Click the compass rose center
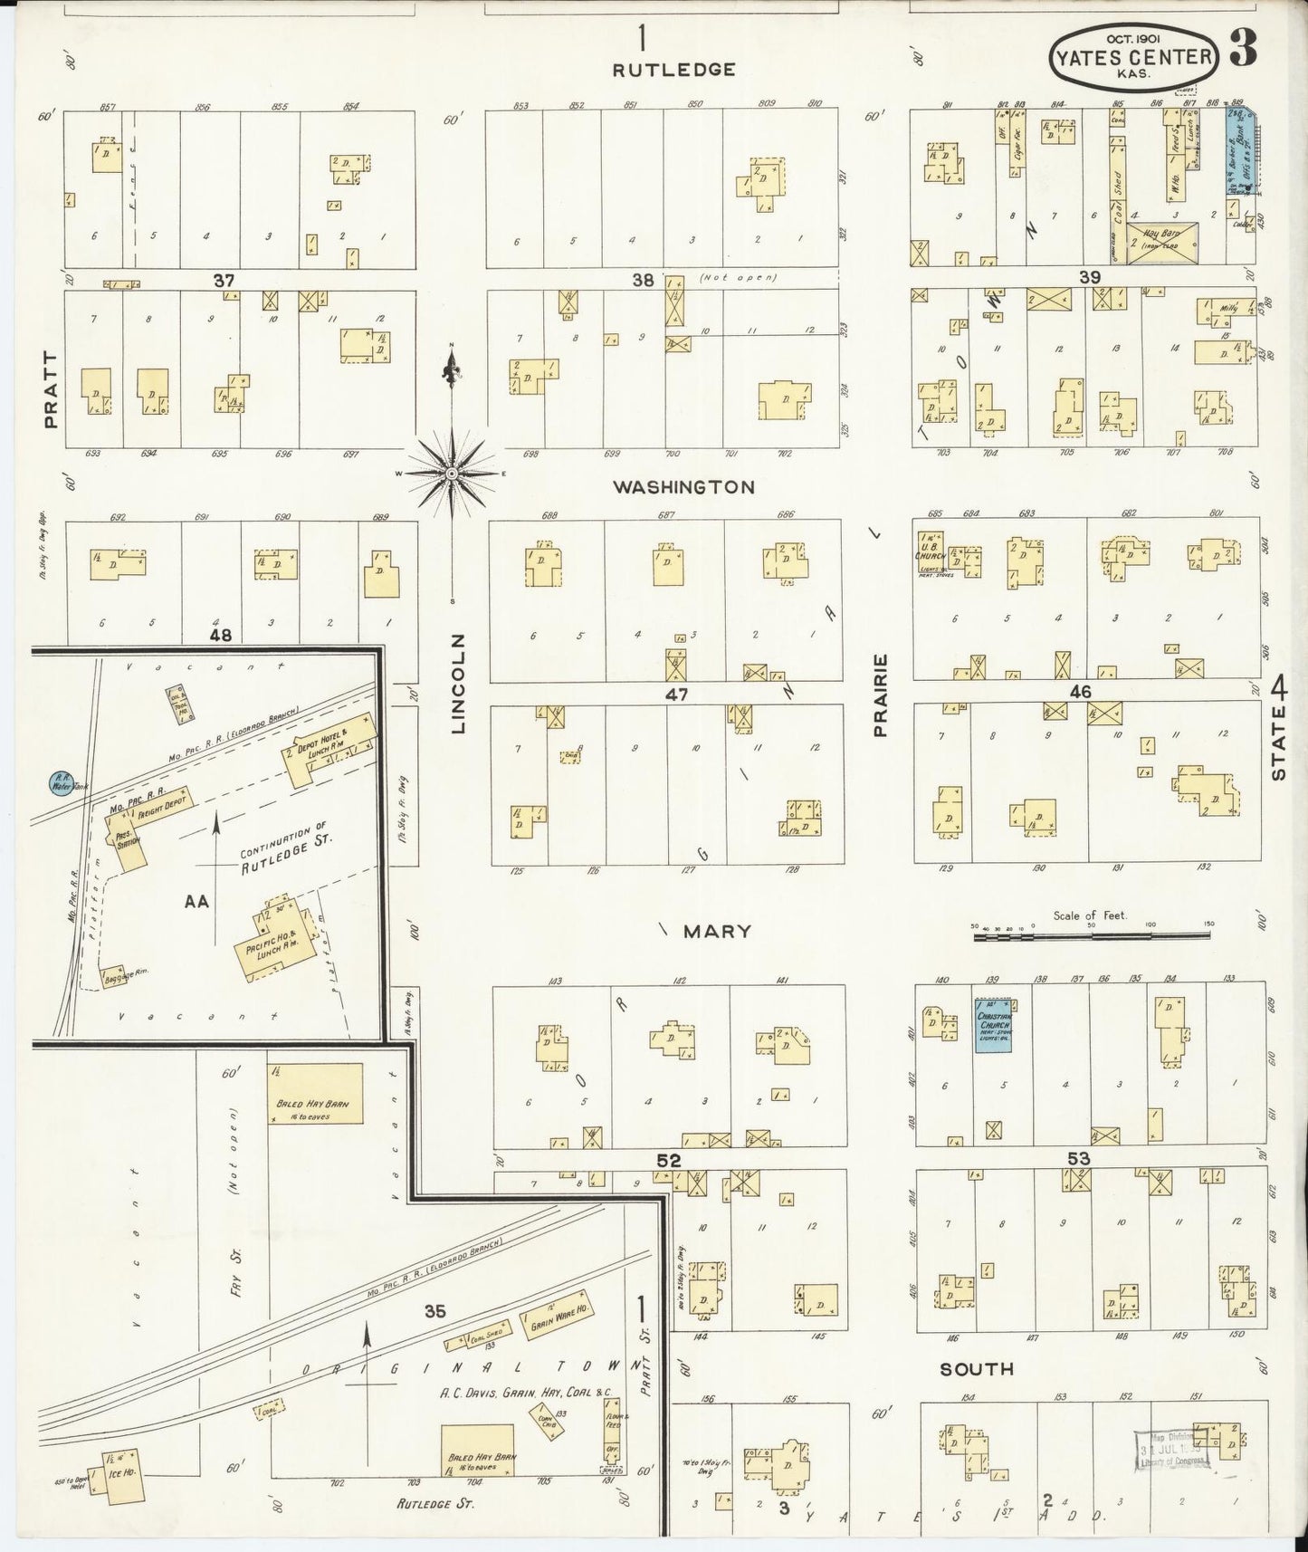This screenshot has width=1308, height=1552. (x=451, y=474)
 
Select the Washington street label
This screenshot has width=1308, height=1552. (x=683, y=487)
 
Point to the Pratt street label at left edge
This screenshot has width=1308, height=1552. (x=50, y=390)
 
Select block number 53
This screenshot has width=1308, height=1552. (x=1078, y=1158)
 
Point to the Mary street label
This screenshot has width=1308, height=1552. (x=716, y=931)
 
